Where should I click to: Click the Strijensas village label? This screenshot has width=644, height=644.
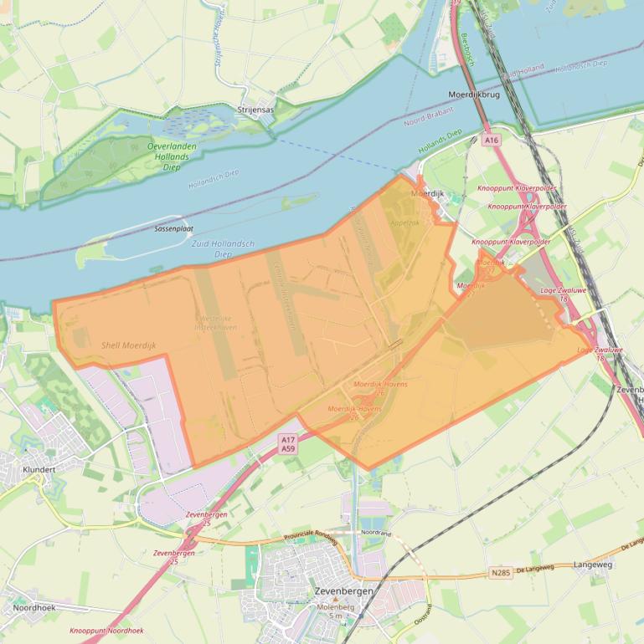click(255, 110)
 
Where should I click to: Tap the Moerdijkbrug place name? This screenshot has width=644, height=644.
click(474, 95)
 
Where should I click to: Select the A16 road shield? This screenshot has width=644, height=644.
click(491, 141)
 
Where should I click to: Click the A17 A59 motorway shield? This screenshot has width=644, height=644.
click(288, 444)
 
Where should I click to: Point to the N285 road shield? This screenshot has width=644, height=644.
click(500, 573)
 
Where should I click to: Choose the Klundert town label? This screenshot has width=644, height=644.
click(39, 469)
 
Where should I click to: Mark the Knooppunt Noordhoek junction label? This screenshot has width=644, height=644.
click(106, 631)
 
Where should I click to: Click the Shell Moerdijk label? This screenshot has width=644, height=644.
click(129, 345)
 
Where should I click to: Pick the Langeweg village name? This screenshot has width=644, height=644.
click(593, 565)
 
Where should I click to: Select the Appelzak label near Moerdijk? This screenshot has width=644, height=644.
click(404, 222)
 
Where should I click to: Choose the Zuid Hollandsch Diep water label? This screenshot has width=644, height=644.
click(212, 248)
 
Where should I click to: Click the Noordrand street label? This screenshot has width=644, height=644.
click(376, 533)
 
